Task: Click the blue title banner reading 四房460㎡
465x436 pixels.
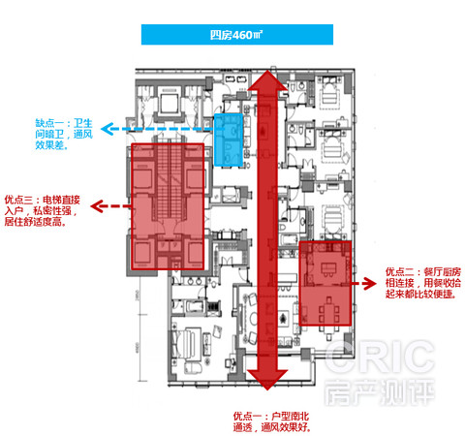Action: (x=237, y=35)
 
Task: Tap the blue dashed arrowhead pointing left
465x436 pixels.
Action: (x=108, y=129)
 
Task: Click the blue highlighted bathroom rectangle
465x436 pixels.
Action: (x=229, y=140)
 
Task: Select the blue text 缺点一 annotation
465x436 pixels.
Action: (x=64, y=134)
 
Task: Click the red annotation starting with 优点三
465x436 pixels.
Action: (x=43, y=210)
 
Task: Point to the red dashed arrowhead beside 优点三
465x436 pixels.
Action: (x=97, y=206)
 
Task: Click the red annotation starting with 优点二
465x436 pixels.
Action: (x=423, y=283)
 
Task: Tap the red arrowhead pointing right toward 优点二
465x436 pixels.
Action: (x=370, y=284)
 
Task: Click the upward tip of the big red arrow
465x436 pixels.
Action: (x=267, y=70)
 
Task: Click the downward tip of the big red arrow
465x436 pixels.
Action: (x=267, y=389)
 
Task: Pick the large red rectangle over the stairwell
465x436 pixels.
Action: (x=168, y=206)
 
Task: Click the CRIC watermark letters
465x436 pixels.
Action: (x=381, y=358)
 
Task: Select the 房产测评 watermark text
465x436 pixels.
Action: (x=380, y=392)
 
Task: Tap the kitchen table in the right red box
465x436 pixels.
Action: (x=328, y=269)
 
